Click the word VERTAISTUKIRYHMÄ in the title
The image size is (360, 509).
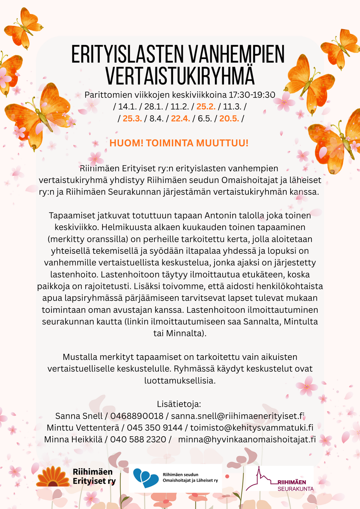coord(180,75)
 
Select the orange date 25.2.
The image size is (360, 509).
coord(206,107)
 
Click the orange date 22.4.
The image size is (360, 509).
coord(180,118)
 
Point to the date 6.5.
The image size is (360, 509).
coord(204,118)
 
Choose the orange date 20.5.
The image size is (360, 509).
coord(229,118)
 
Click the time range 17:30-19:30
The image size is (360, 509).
coord(252,95)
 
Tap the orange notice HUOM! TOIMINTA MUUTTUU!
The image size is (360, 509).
coord(179,143)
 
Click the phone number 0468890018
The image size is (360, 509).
coord(137,416)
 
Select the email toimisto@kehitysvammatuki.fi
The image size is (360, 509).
coord(252,428)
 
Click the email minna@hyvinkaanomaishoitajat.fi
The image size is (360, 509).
coord(247,440)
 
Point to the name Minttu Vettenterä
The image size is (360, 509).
coord(83,428)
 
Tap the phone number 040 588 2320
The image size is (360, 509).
coord(138,440)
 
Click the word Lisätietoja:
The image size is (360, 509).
coord(179,404)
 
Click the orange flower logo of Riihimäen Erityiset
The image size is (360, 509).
coord(53,477)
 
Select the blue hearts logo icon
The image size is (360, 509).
coord(145,478)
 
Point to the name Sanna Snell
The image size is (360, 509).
coord(79,416)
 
